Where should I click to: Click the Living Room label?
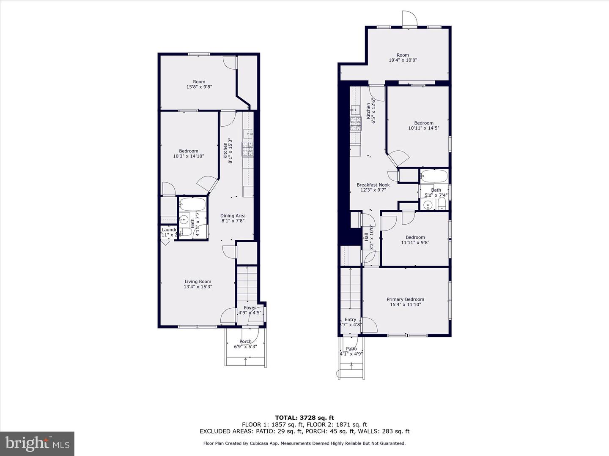pyautogui.click(x=198, y=282)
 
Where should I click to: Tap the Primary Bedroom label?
pyautogui.click(x=405, y=299)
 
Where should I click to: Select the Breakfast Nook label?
pyautogui.click(x=373, y=185)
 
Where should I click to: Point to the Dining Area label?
pyautogui.click(x=233, y=216)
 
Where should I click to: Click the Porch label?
pyautogui.click(x=245, y=341)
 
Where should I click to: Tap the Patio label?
pyautogui.click(x=351, y=349)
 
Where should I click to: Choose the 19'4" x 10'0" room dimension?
pyautogui.click(x=403, y=60)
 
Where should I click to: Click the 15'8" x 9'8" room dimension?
pyautogui.click(x=199, y=87)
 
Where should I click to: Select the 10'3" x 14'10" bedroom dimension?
pyautogui.click(x=188, y=156)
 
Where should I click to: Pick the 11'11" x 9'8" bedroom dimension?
pyautogui.click(x=415, y=242)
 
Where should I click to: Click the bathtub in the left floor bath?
pyautogui.click(x=192, y=205)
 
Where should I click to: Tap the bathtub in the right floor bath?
pyautogui.click(x=434, y=176)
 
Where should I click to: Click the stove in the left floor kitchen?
pyautogui.click(x=247, y=149)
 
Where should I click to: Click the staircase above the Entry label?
pyautogui.click(x=351, y=291)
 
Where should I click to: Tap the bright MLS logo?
pyautogui.click(x=37, y=443)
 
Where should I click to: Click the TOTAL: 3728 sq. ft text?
pyautogui.click(x=304, y=418)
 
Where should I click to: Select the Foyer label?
pyautogui.click(x=250, y=308)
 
